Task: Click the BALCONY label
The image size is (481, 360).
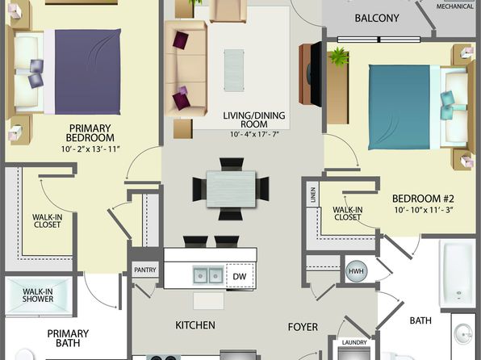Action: [x=377, y=18]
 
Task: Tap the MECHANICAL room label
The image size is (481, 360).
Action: [x=454, y=6]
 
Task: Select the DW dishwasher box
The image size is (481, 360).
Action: [x=240, y=276]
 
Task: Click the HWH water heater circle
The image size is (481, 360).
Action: [x=356, y=271]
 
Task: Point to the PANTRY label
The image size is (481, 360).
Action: [x=145, y=270]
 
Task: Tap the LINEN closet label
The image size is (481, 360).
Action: [x=313, y=195]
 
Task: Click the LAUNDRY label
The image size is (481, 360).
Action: [x=354, y=342]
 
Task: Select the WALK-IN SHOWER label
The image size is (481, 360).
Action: [x=38, y=295]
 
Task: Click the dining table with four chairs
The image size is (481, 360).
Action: [x=231, y=189]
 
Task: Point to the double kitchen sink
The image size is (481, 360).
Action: [x=208, y=275]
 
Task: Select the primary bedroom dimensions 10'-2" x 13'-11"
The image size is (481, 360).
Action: [x=90, y=149]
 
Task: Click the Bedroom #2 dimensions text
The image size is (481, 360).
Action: [x=424, y=210]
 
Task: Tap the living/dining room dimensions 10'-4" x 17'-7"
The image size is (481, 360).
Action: [x=254, y=135]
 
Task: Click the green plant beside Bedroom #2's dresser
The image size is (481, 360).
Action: [x=339, y=57]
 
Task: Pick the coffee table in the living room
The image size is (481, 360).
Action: [x=234, y=70]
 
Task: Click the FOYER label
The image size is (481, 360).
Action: [x=303, y=327]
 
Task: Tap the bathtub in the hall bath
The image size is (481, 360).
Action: [x=458, y=274]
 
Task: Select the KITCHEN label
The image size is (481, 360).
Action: [x=195, y=325]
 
